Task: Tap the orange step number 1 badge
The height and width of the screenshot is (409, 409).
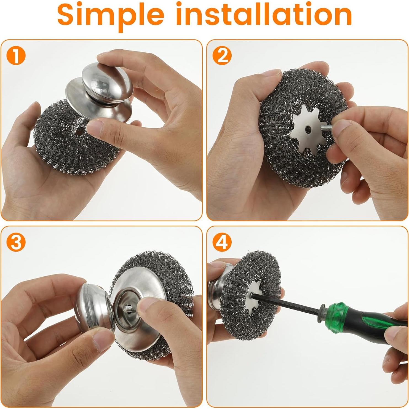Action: click(16, 56)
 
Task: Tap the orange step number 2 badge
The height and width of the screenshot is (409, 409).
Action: click(222, 56)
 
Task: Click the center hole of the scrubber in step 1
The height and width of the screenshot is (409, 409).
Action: click(79, 132)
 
